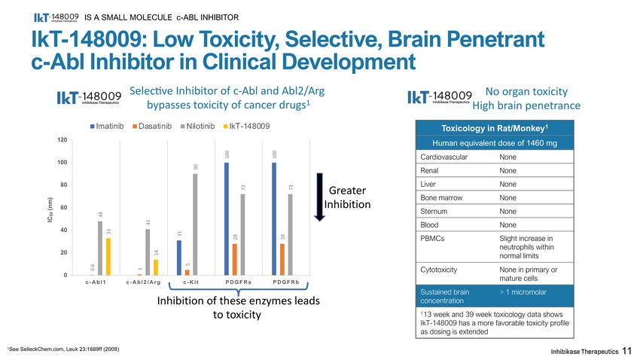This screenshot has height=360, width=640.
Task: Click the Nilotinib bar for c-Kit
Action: pos(195,224)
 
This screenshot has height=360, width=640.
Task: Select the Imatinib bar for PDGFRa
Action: pos(227,218)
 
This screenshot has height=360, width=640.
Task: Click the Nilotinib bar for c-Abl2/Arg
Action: pos(148,252)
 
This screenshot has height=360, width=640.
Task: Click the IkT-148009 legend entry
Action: pos(248,126)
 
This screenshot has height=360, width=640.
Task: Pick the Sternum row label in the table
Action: pos(437,211)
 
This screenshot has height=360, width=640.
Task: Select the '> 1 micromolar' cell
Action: pos(525,291)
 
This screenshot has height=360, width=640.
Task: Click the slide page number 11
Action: pos(626,351)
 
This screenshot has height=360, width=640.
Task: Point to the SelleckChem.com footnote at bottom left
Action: pos(62,349)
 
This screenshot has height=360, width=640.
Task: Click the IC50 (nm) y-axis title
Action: pos(50,208)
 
